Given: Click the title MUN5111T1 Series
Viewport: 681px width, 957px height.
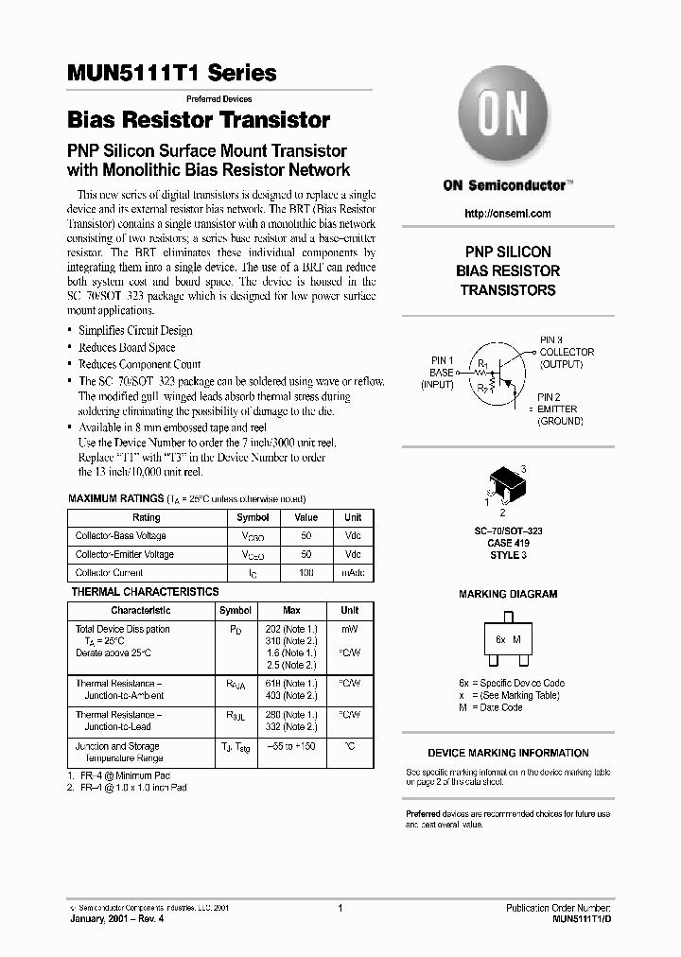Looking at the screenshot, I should (172, 73).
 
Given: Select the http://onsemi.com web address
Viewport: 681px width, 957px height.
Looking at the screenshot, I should (508, 214).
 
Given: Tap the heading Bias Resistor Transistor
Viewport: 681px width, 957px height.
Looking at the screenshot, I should (199, 120).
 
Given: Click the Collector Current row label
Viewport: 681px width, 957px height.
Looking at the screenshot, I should (110, 573).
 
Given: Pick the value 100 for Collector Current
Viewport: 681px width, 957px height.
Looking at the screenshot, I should (306, 573).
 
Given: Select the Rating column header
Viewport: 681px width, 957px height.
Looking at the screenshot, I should (147, 518).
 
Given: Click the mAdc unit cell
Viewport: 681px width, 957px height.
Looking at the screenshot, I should (352, 573).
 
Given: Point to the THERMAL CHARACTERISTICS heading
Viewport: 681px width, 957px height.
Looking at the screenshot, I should (145, 592).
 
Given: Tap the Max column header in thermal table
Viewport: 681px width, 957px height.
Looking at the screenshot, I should (291, 611).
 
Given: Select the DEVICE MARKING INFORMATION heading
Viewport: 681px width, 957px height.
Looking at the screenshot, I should (508, 754).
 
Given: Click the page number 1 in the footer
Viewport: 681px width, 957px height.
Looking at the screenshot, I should (339, 909).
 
